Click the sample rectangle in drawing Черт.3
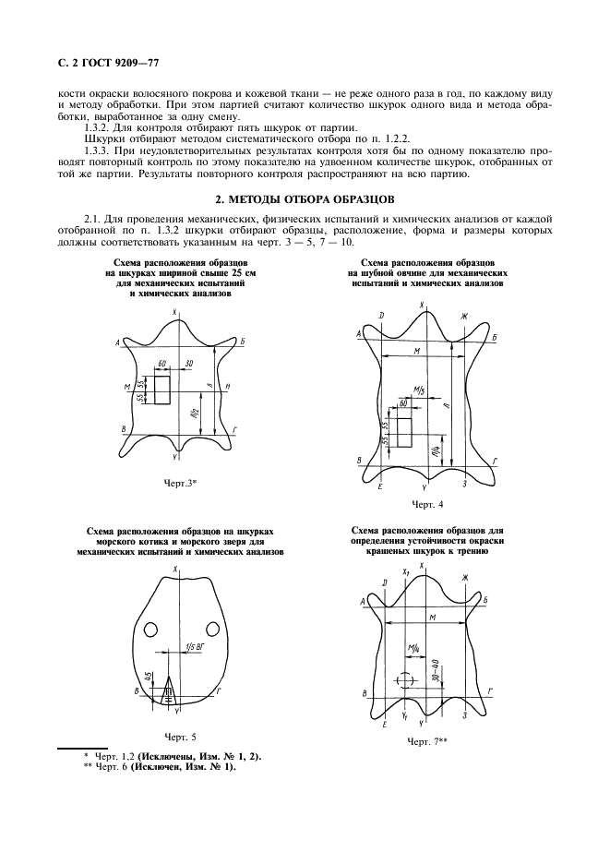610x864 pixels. (162, 390)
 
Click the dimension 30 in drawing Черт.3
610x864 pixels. (188, 364)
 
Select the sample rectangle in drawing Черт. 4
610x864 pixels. (403, 431)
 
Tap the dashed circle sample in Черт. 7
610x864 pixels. (403, 679)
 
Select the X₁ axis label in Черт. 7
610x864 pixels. (404, 573)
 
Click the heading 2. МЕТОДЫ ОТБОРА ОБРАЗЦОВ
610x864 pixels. (305, 198)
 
